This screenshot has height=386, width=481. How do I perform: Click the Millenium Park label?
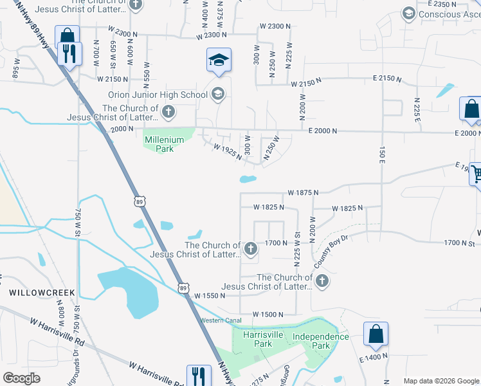tap(160, 143)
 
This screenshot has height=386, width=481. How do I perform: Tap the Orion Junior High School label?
tap(158, 95)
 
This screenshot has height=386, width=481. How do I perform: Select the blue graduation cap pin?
tap(219, 60)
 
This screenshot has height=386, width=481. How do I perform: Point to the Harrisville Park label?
tap(257, 339)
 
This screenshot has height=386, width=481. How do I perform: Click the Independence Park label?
tap(320, 341)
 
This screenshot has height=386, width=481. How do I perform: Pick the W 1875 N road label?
tap(304, 192)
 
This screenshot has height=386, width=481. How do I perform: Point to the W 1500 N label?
tap(268, 314)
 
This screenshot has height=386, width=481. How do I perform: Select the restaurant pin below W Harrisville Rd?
tap(199, 376)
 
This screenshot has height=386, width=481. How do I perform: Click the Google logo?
tap(22, 378)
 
